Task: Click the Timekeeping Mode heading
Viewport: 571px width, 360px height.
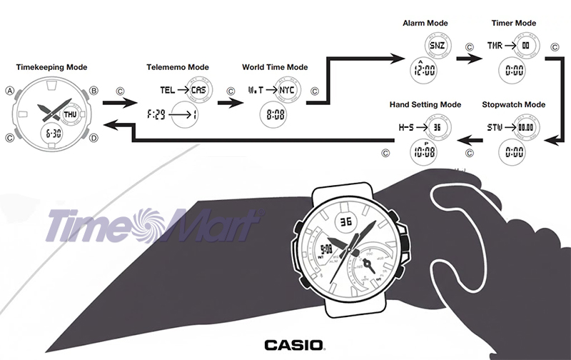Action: (x=51, y=67)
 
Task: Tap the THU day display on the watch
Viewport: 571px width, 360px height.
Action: (x=70, y=114)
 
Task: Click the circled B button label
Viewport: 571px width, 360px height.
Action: (x=94, y=91)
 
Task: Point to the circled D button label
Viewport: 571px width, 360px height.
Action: (x=94, y=138)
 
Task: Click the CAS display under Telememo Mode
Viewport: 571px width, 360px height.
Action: (x=198, y=91)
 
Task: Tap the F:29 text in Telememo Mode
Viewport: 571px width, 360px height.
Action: (x=157, y=114)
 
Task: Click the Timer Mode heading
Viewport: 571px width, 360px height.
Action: (x=513, y=24)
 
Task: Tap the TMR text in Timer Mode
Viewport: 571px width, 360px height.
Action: (x=495, y=45)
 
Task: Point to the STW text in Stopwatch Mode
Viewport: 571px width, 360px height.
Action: (x=495, y=127)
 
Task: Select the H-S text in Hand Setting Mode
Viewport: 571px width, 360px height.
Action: (x=406, y=127)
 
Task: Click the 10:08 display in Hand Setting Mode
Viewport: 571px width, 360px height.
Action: (x=425, y=151)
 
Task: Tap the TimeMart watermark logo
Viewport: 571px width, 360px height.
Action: (x=153, y=225)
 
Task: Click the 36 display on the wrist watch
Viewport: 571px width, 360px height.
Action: (x=346, y=222)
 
